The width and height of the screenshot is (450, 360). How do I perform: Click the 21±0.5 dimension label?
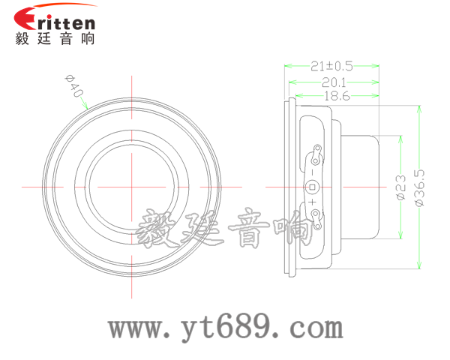tap(331, 66)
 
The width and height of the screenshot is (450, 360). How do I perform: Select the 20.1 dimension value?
tap(334, 82)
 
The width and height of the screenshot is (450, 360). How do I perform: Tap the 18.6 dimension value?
tap(337, 96)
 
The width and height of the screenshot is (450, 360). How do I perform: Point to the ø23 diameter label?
tap(401, 187)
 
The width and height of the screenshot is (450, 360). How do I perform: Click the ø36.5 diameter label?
tap(419, 187)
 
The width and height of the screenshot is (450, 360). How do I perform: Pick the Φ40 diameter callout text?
tap(73, 85)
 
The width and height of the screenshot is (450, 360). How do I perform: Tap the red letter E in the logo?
tap(25, 18)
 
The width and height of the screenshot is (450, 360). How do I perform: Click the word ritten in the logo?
tap(66, 22)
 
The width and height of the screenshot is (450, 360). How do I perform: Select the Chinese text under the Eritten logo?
tap(55, 38)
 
